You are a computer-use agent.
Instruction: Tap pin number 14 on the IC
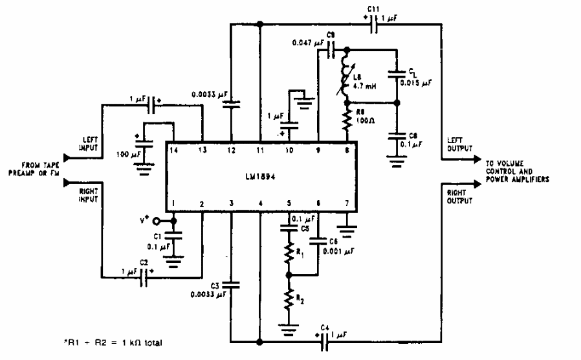tap(173, 150)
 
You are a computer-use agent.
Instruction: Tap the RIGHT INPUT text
tap(88, 195)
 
